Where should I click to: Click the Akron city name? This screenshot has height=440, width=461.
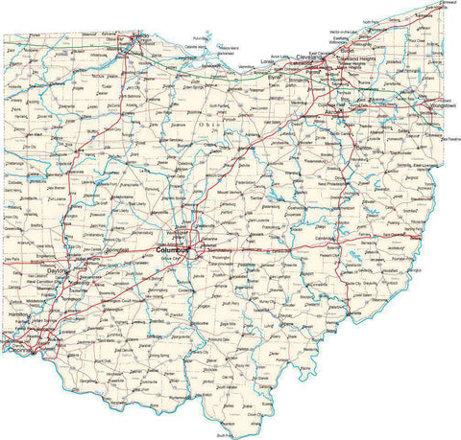click(333, 111)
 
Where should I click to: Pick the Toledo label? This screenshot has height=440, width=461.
click(140, 35)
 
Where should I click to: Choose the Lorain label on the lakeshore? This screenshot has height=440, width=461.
click(269, 60)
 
